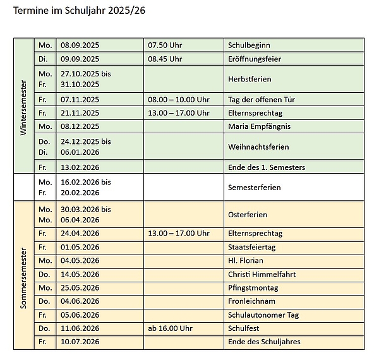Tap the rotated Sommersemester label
pos(23,275)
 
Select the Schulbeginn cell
pos(248,45)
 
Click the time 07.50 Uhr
pos(164,45)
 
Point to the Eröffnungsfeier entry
pos(255,59)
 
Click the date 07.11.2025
pos(80,100)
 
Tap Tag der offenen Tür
pos(261,100)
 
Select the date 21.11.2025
pos(80,113)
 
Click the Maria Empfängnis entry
pos(259,126)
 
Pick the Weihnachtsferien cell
pos(258,147)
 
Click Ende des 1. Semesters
pos(266,167)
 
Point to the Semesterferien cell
pos(254,188)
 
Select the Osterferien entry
pos(247,215)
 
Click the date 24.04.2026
pos(80,233)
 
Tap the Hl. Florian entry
pos(245,260)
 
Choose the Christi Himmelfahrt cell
pos(262,274)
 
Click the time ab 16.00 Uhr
pos(169,328)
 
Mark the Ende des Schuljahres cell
pos(264,342)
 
